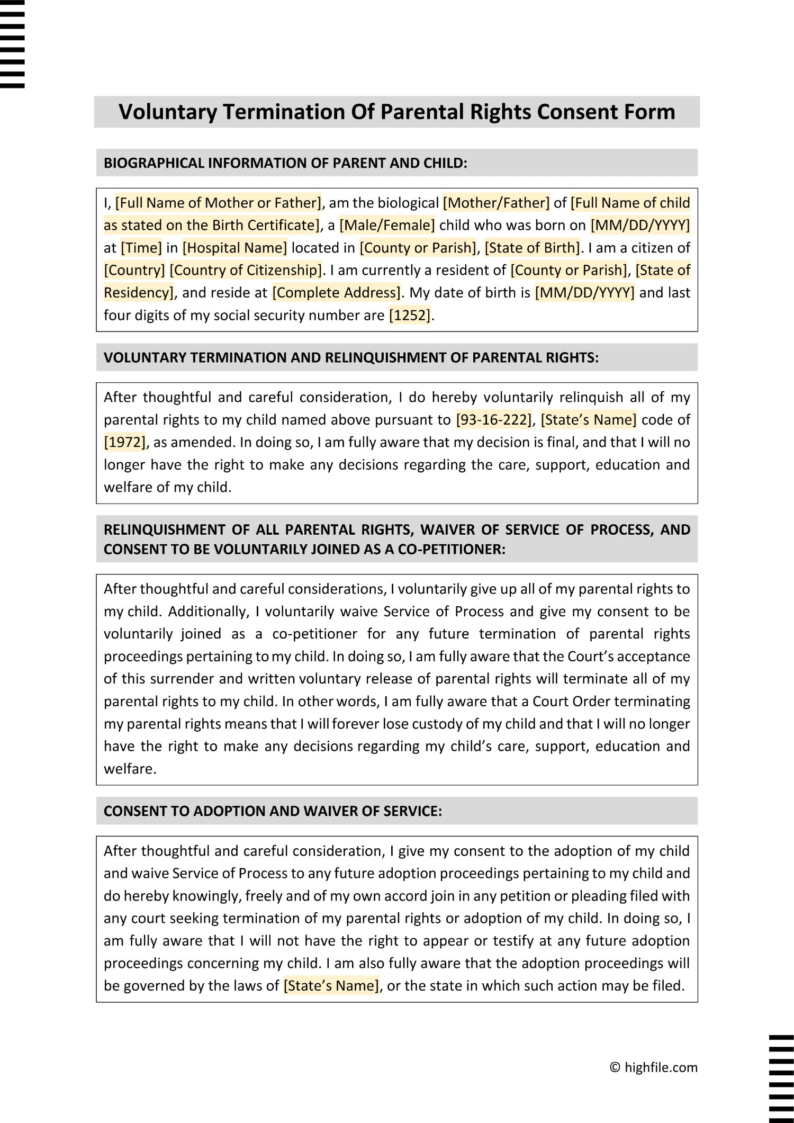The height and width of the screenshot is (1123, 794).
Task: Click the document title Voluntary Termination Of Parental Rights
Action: click(x=396, y=112)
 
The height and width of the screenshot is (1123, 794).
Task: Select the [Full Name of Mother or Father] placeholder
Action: click(x=218, y=203)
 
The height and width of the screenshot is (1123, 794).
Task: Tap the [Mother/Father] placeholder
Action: click(x=496, y=203)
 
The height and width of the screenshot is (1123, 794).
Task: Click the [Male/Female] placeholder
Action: click(x=387, y=225)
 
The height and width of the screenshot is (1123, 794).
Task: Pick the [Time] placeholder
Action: click(x=141, y=248)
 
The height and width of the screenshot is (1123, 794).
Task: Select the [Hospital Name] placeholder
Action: click(x=234, y=248)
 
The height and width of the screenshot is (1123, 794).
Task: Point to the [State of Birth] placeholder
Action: click(x=533, y=248)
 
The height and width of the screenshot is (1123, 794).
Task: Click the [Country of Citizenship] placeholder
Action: click(x=246, y=270)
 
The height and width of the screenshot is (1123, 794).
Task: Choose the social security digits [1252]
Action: click(x=410, y=315)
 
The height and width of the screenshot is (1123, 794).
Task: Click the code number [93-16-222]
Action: click(x=494, y=420)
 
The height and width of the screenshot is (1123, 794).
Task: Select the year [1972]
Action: click(x=125, y=442)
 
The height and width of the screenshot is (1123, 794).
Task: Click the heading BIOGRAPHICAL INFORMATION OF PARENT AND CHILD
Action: click(x=285, y=163)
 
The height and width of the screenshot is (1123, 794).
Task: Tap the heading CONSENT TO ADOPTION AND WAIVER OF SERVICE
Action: click(x=273, y=811)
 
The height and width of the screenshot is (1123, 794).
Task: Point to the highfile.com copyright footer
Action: click(x=654, y=1067)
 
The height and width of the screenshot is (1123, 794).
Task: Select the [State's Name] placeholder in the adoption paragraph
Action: click(x=331, y=985)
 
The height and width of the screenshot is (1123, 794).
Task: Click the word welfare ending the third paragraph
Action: click(x=129, y=768)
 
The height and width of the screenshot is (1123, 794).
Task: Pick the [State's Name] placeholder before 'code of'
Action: click(x=588, y=420)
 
